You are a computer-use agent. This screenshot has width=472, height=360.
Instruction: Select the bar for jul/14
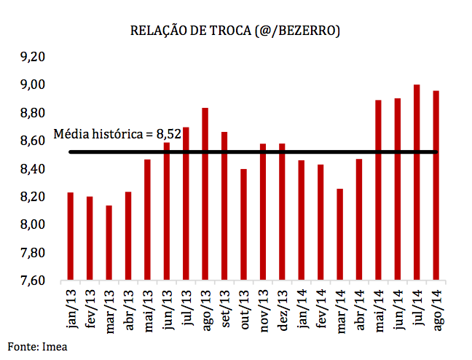point(417,182)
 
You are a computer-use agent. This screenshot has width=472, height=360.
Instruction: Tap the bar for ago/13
point(205,193)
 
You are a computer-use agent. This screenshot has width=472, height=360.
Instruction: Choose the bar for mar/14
point(339,234)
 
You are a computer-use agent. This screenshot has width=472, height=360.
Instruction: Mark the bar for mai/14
point(378,189)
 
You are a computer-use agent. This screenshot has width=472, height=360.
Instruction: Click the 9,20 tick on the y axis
point(31,57)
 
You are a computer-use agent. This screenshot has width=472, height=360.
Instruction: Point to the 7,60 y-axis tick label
point(31,281)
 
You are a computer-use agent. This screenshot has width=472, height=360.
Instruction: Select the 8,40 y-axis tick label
point(31,169)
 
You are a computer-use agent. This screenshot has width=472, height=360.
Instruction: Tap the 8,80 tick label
point(31,113)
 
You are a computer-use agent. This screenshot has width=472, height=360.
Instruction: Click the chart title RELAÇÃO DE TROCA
point(235,31)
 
